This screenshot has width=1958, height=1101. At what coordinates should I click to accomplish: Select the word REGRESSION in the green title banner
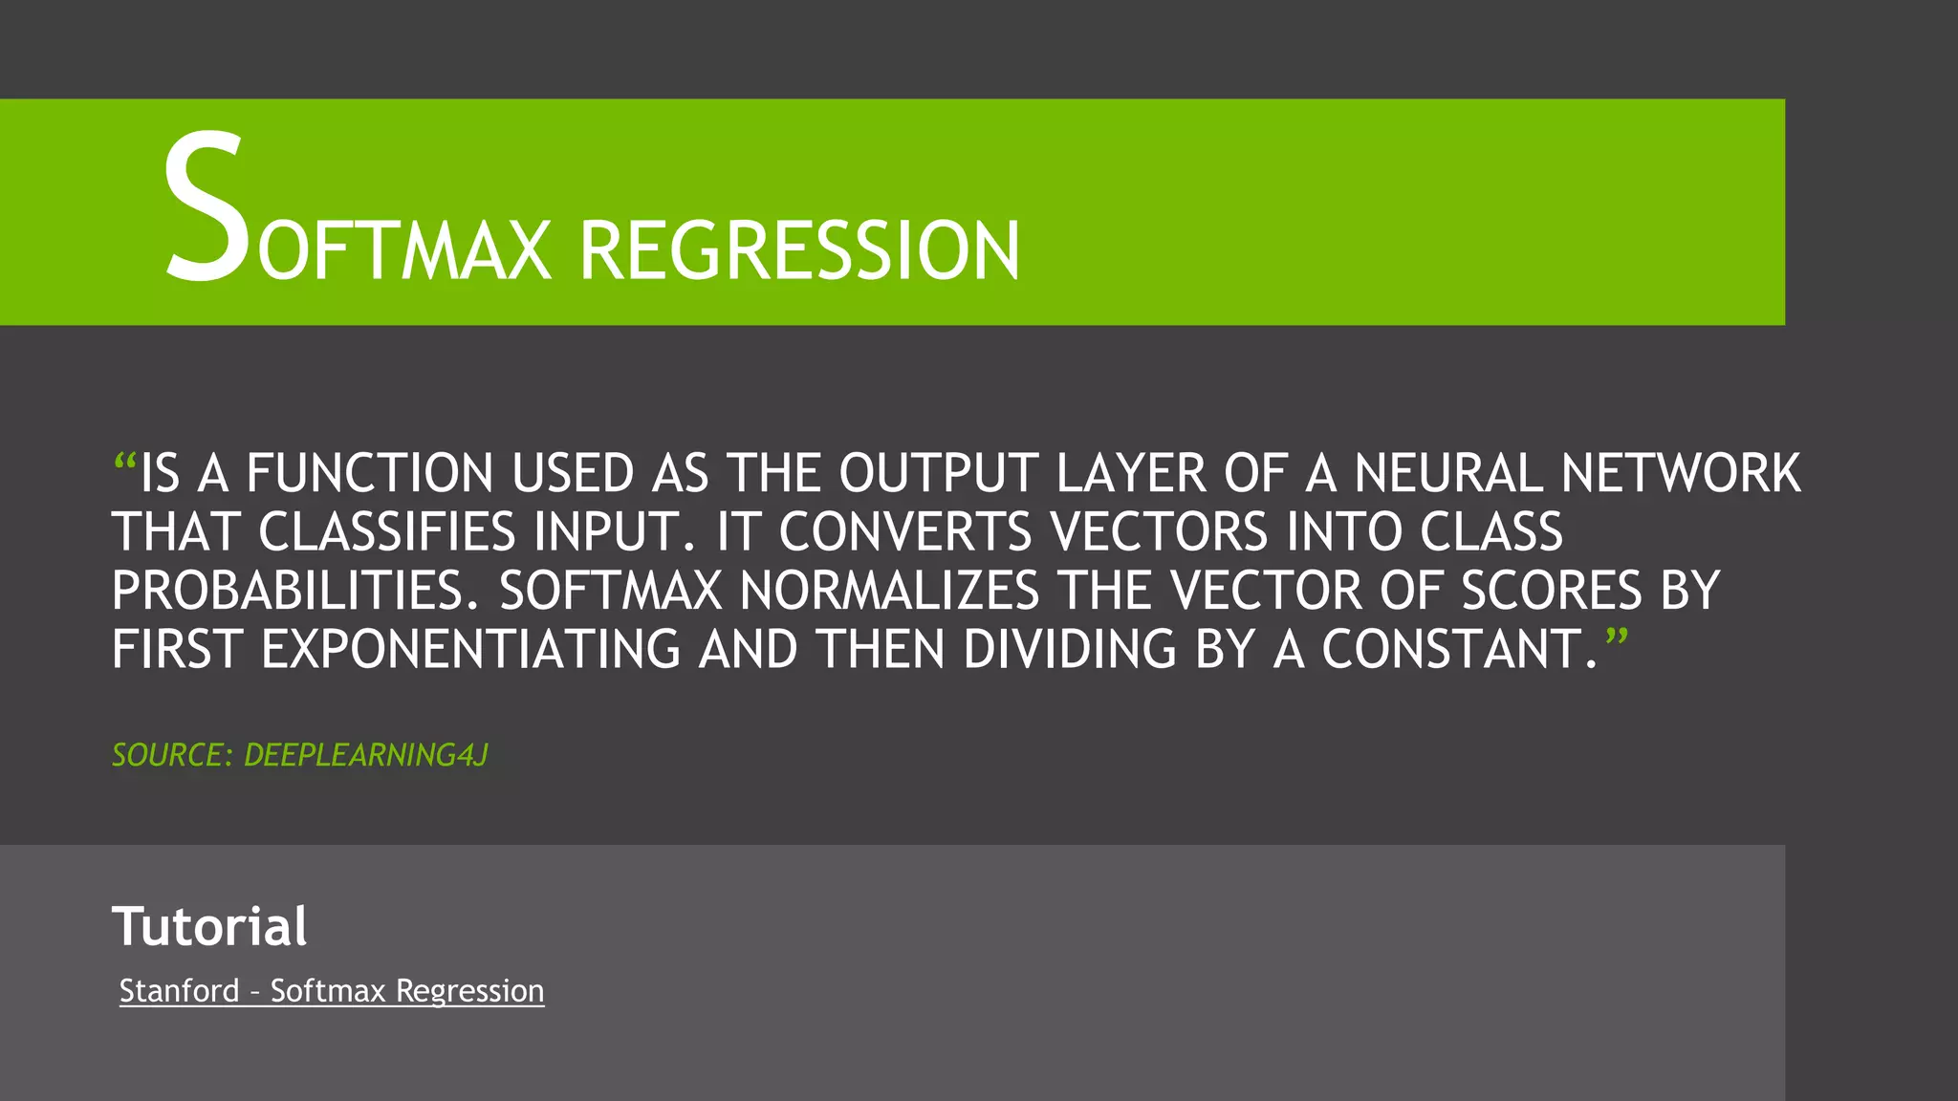(799, 251)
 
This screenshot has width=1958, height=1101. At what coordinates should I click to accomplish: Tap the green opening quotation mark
(124, 464)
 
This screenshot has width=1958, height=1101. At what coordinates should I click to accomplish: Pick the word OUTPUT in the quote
(939, 474)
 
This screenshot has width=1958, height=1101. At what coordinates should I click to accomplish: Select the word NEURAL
(1447, 474)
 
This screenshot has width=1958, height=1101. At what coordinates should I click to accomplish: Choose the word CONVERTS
(905, 532)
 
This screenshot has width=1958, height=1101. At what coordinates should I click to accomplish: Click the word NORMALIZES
(889, 591)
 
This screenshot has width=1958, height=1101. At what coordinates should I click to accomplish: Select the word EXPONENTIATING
(470, 650)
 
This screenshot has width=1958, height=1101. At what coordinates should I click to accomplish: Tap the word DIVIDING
(1069, 650)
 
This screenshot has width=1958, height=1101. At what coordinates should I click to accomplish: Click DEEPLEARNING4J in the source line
(366, 755)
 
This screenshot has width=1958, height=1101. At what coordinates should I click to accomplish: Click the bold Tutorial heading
(209, 926)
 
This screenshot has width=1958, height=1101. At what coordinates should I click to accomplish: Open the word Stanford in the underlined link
(179, 991)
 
